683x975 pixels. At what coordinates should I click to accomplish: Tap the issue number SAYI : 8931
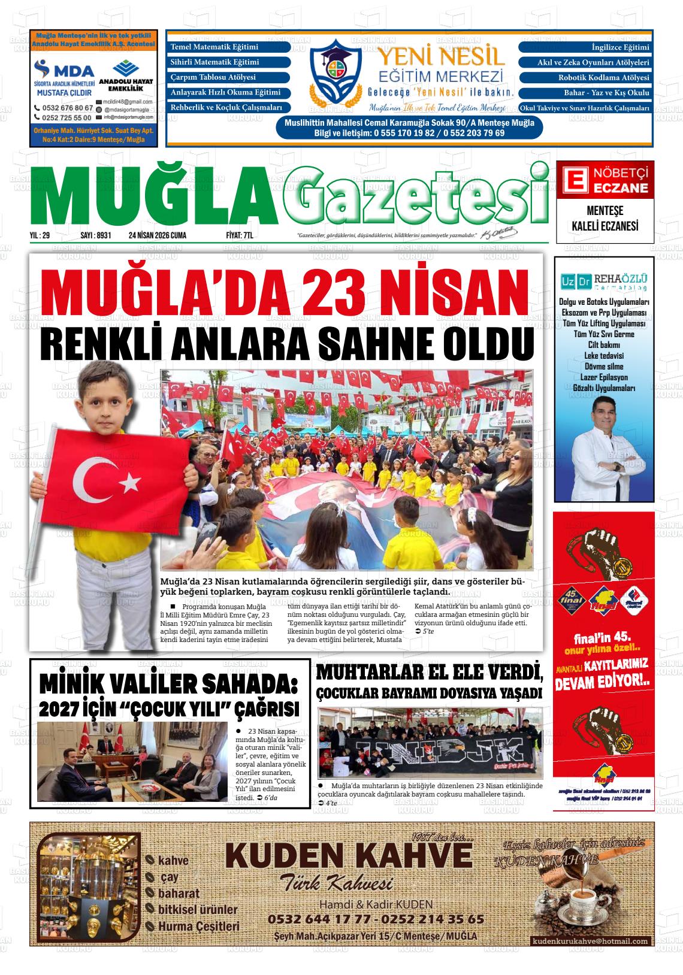tap(96, 235)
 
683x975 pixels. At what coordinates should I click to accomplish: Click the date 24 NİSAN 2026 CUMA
tap(158, 235)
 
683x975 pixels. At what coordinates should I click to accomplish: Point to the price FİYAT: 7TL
tap(240, 235)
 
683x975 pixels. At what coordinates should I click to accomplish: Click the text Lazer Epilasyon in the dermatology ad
tap(604, 377)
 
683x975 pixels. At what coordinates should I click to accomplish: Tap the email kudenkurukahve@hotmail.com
tap(590, 941)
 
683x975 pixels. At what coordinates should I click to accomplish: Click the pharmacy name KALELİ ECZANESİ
tap(605, 226)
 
